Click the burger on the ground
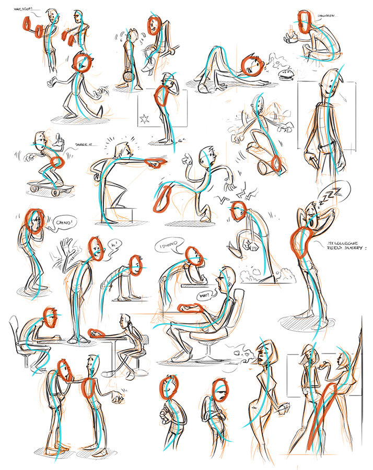tap(286, 74)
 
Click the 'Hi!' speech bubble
tap(114, 244)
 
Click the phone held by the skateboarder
tap(59, 139)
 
